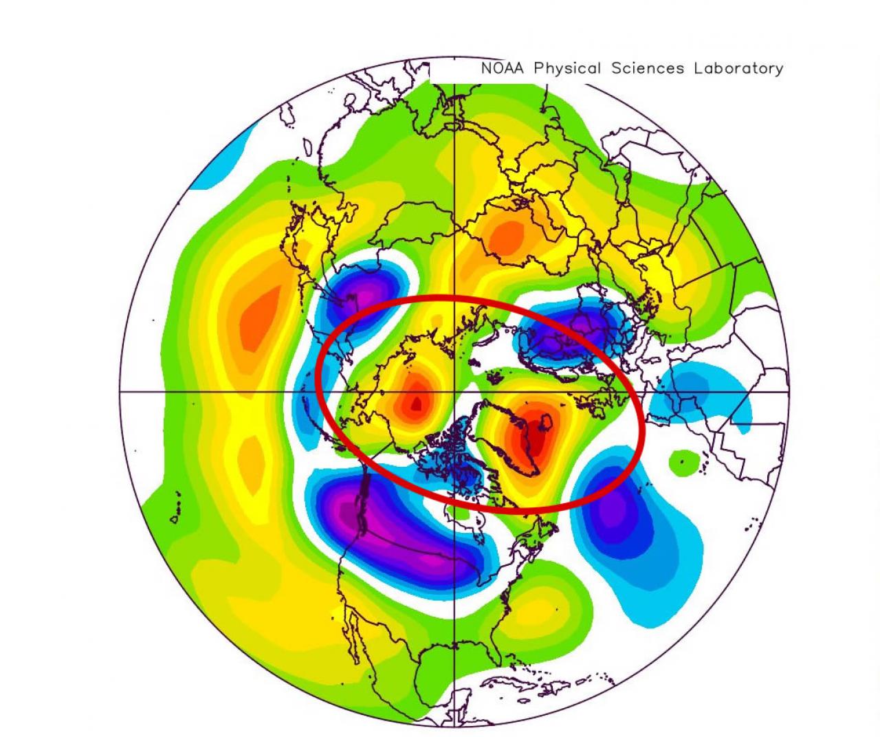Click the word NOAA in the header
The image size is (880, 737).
(x=503, y=69)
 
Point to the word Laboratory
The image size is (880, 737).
(x=738, y=69)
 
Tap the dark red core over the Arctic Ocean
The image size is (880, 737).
(x=415, y=404)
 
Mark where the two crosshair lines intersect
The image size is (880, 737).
(x=455, y=392)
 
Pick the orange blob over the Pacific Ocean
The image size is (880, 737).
(x=257, y=316)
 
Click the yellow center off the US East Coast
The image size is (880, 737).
(x=543, y=608)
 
